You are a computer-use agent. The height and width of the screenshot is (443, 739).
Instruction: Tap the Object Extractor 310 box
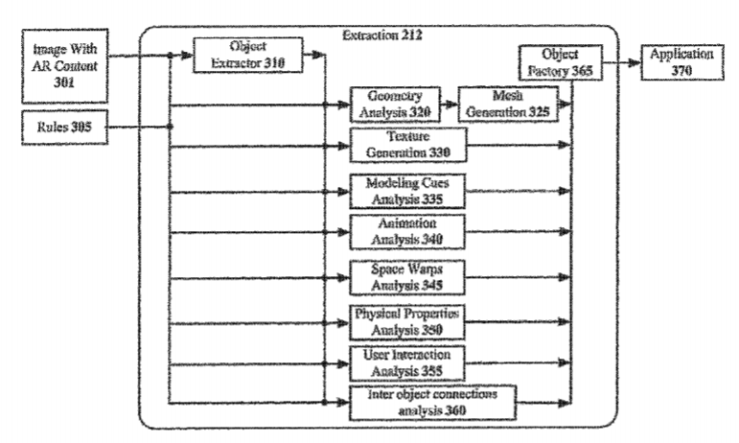(248, 56)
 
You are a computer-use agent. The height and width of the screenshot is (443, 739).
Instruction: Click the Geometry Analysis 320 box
(395, 104)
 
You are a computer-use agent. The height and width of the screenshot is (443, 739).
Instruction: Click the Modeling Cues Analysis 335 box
(407, 190)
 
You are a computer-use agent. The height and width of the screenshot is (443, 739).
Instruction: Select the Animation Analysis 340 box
(407, 231)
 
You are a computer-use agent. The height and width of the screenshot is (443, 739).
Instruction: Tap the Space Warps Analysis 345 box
(407, 276)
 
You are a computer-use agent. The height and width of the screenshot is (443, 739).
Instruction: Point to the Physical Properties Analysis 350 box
(407, 320)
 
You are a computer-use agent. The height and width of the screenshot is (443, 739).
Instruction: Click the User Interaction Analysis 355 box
(407, 361)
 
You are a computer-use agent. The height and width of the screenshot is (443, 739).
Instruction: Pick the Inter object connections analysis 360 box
(432, 402)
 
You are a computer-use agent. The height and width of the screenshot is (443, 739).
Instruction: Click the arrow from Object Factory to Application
(619, 64)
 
